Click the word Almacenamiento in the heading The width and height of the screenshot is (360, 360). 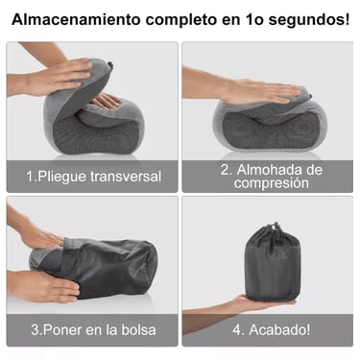(x=76, y=20)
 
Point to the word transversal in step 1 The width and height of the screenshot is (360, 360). (x=126, y=176)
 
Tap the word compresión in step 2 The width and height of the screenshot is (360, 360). (x=272, y=183)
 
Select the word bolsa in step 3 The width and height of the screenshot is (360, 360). (x=138, y=329)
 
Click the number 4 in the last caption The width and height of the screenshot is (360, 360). (x=237, y=330)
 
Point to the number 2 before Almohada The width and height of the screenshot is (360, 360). (x=225, y=170)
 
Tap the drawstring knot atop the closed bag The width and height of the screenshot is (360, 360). (x=273, y=227)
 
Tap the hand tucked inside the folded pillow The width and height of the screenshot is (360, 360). (x=107, y=102)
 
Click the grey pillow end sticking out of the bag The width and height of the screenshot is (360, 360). (x=43, y=256)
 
